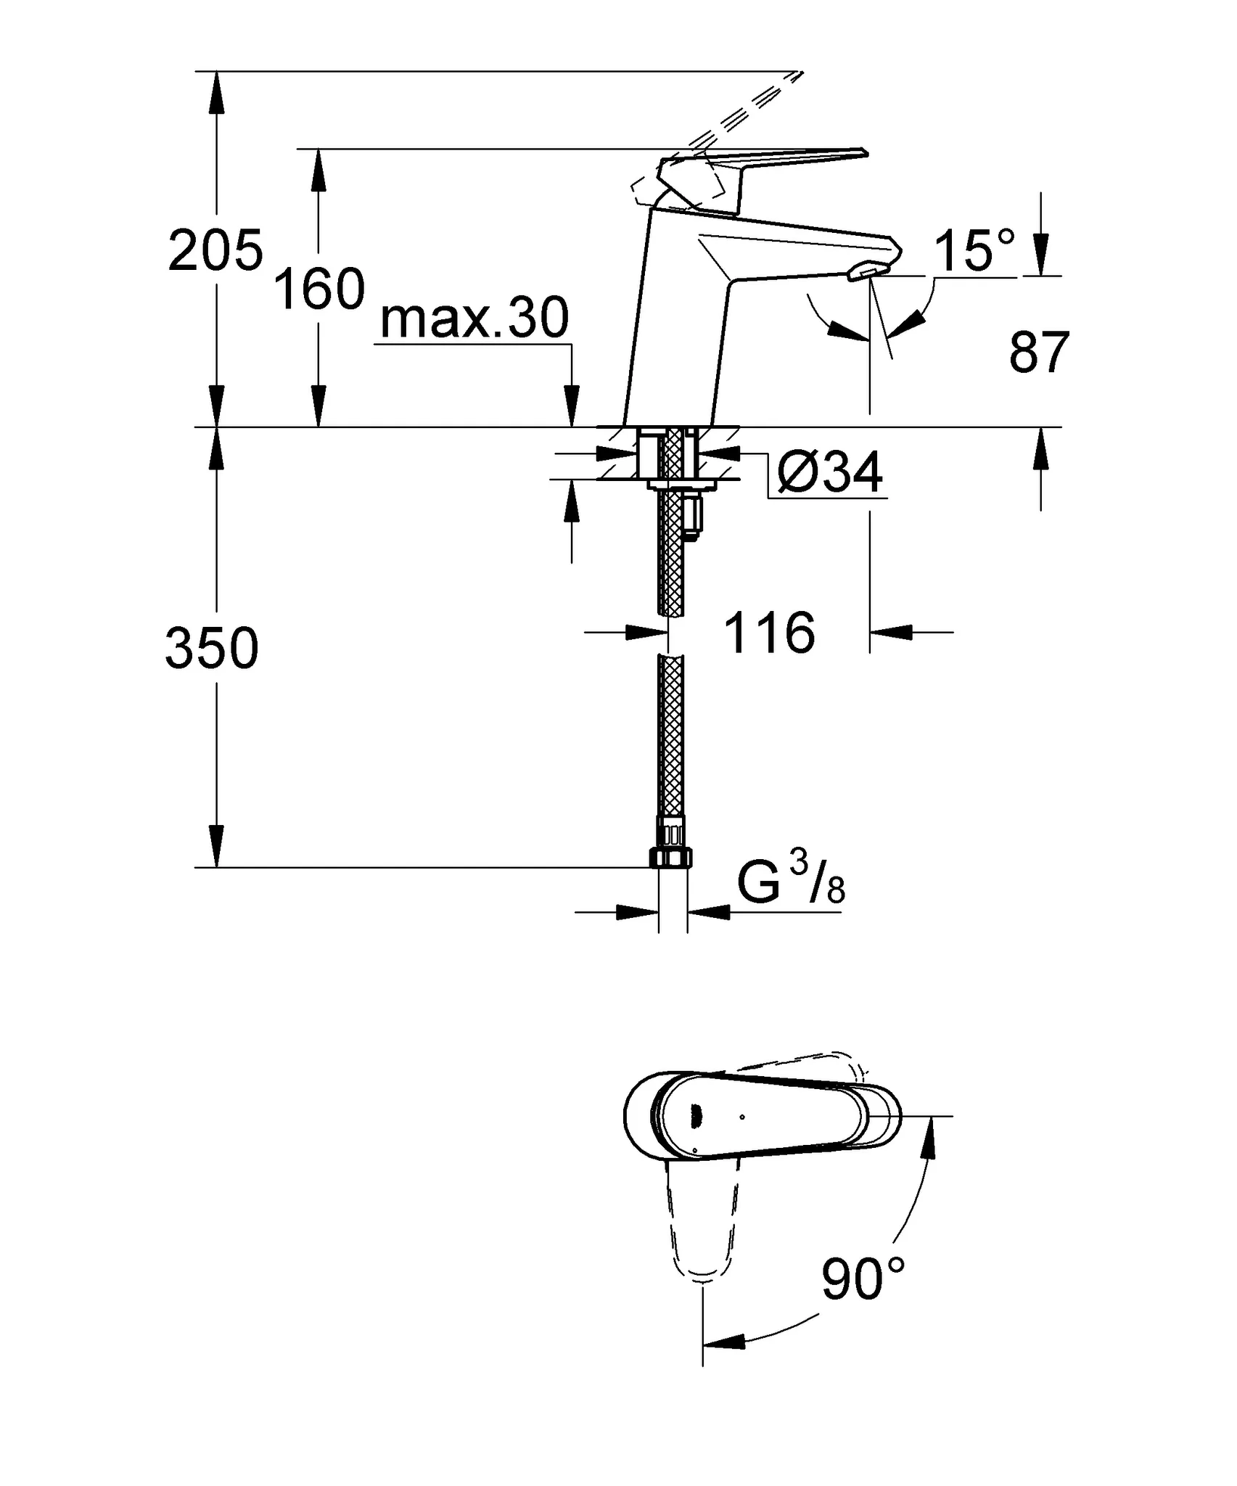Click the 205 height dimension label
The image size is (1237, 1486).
point(215,251)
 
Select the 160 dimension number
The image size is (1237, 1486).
point(319,290)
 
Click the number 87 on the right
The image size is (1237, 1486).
point(1039,353)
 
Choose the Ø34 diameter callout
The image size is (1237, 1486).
point(829,473)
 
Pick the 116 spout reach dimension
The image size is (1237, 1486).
point(770,633)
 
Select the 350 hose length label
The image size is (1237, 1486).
point(212,648)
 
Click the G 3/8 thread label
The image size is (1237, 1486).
point(791,884)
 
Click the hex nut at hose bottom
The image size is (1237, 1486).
point(671,858)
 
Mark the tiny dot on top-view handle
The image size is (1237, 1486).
point(741,1117)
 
